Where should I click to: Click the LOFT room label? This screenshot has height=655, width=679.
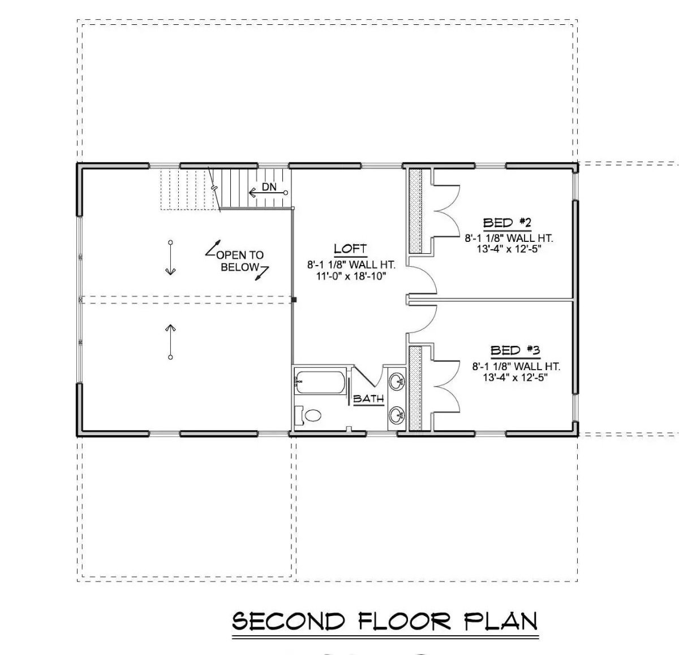point(350,249)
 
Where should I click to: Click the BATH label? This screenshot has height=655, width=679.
point(368,399)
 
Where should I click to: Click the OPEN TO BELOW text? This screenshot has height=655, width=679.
point(239,261)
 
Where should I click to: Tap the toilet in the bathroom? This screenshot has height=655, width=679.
point(310,416)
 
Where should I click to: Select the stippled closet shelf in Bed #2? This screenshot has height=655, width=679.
point(416,211)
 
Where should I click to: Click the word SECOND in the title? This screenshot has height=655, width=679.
point(289,621)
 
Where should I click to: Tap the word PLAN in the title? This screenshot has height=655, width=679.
point(501,621)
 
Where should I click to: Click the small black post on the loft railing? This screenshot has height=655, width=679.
point(294,300)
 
